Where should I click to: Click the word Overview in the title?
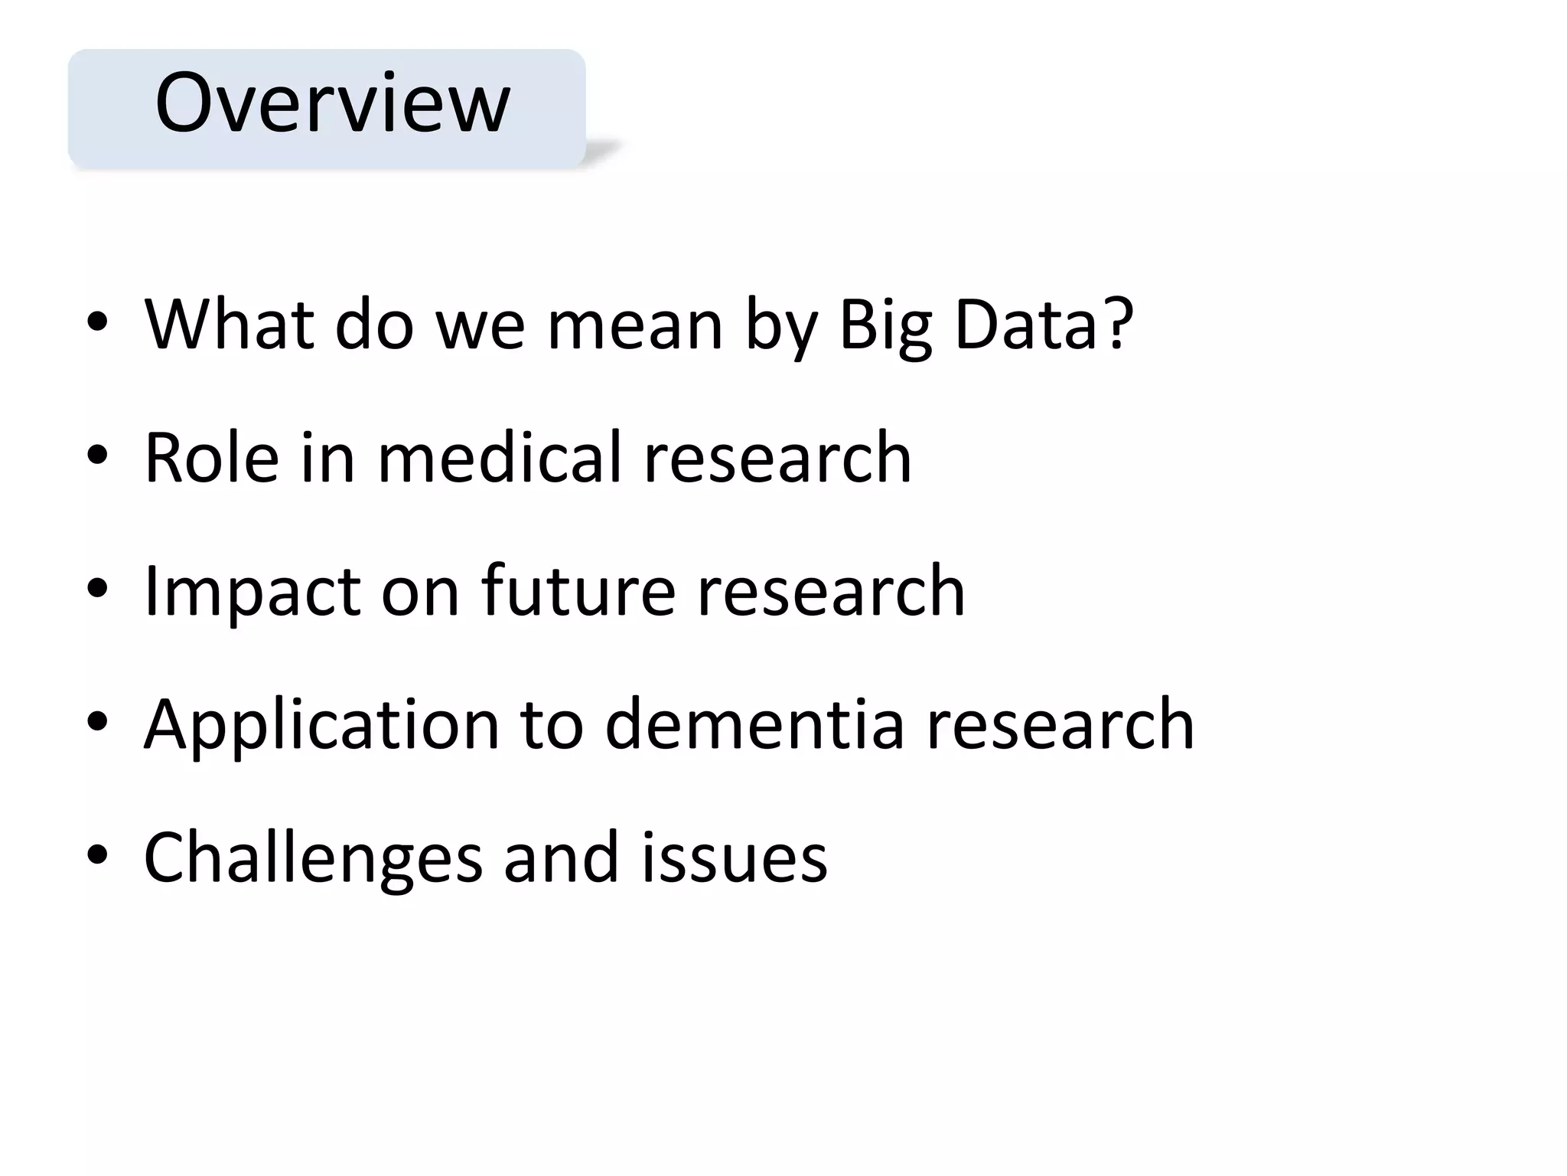332,103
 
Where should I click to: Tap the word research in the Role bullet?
777,458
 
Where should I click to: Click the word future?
578,590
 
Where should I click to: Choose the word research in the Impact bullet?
831,590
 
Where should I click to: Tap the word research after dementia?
1060,724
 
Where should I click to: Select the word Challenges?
313,857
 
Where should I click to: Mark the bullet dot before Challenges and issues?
97,855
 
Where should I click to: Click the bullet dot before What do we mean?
97,323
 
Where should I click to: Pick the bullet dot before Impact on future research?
97,589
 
